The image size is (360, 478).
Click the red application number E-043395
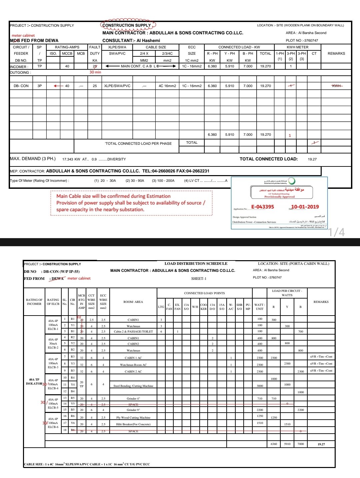pos(263,207)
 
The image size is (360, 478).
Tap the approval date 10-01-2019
pos(305,207)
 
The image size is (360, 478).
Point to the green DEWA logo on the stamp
pos(292,181)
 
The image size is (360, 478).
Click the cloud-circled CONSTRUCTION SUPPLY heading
pos(127,25)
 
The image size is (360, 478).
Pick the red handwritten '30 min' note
pos(95,72)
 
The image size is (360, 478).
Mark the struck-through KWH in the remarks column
pos(337,86)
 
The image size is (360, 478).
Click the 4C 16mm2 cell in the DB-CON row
pos(167,86)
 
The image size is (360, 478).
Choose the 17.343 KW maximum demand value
pos(72,159)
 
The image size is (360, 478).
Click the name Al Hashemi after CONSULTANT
pos(148,41)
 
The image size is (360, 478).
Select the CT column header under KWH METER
pos(314,53)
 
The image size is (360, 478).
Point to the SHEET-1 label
pos(199,279)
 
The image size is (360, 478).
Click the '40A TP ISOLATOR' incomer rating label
pos(34,382)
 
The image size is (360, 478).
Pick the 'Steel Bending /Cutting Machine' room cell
pos(133,386)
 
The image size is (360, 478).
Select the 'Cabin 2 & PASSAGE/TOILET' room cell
pos(133,332)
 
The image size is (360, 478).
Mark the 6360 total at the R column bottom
pos(274,444)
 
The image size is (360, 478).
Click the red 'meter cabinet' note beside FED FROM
pos(79,278)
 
